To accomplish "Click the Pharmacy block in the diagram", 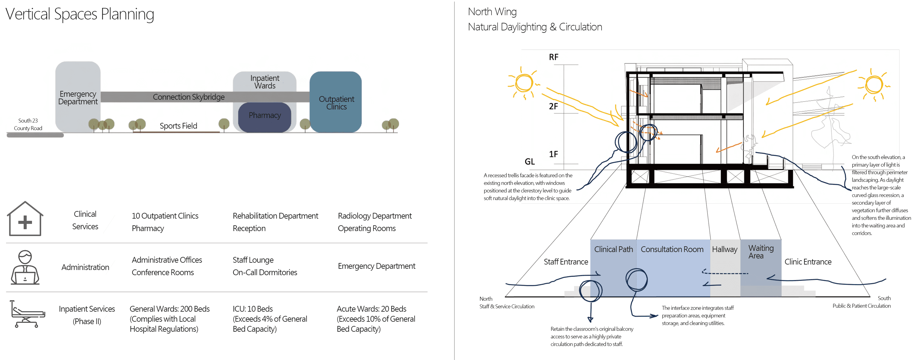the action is pos(264,117).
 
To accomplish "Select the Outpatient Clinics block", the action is pos(336,102).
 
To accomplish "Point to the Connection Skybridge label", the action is pos(188,97).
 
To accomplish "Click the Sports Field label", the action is pos(178,126).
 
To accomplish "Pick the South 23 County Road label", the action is pos(28,124).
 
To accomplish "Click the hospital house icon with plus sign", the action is pos(25,218).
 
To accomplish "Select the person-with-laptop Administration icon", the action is pos(25,267).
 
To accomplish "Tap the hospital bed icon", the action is pos(27,314).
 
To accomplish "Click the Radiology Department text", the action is pos(375,216).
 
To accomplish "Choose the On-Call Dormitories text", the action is pos(265,272).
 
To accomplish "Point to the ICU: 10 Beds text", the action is pos(253,309).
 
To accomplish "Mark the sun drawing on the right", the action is pos(873,85).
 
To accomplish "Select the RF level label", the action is pos(554,57).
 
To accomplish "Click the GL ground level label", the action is pos(530,161).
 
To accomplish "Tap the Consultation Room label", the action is pos(672,249).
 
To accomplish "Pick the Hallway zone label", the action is pos(725,249).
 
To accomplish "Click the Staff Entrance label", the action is pos(566,261).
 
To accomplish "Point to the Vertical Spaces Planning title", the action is pos(80,14).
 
